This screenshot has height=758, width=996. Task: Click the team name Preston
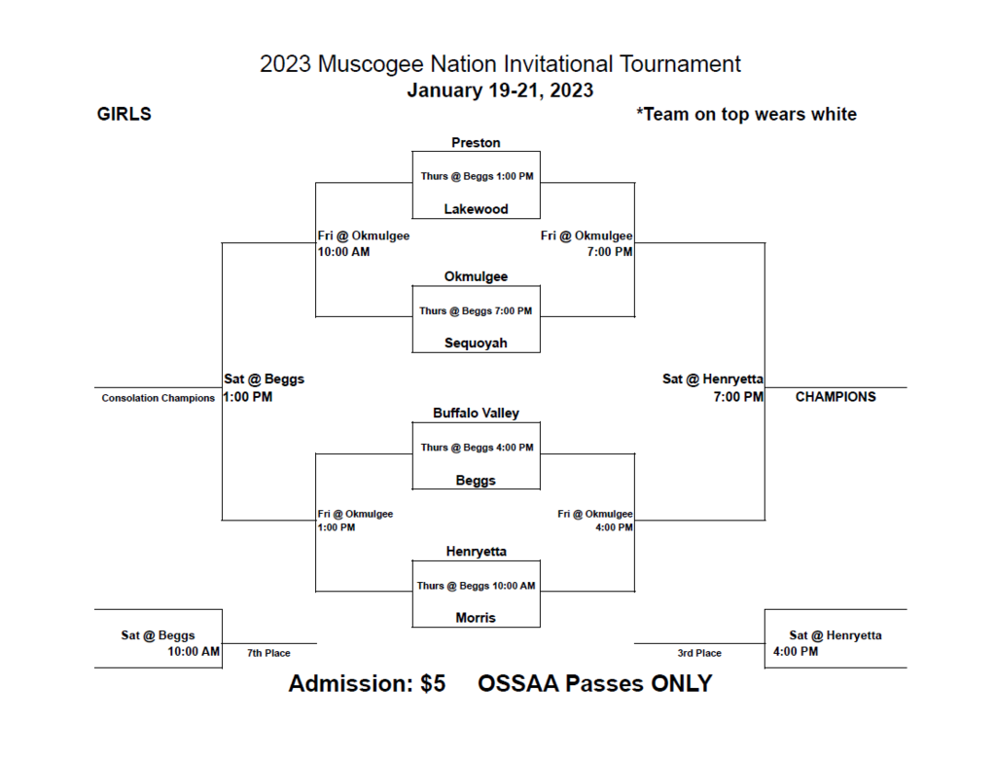coord(476,143)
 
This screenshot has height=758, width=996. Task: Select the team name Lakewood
coord(476,209)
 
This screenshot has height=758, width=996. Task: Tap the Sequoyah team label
coord(476,343)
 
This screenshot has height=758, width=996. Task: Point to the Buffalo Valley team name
coord(476,414)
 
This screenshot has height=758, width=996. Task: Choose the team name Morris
coord(476,618)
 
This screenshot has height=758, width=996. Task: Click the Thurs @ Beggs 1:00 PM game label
coord(477,176)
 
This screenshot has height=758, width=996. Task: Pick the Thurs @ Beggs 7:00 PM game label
coord(476,311)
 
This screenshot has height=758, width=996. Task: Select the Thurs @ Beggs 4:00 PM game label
coord(477,448)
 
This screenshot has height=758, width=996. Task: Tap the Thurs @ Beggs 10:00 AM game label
coord(476,586)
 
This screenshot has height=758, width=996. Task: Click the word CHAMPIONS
coord(836,397)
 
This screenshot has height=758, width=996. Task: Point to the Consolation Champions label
coord(158,398)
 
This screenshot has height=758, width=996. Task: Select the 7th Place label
coord(268,653)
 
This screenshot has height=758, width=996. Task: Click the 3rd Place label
coord(699,653)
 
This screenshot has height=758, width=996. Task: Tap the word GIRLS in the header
coord(124,115)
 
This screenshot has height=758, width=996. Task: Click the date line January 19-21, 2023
coord(500,90)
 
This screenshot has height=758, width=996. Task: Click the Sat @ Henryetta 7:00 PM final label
coord(714,387)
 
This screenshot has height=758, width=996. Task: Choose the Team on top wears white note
coord(746,115)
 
